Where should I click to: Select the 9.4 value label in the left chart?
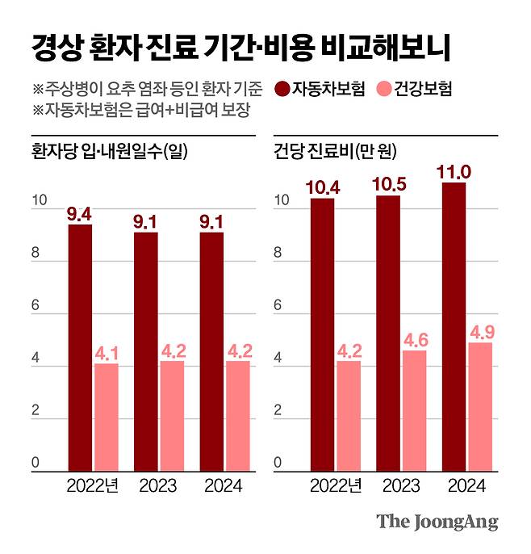[80, 214]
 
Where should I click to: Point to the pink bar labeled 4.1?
[107, 418]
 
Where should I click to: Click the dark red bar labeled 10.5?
[388, 333]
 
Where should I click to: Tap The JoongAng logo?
[437, 522]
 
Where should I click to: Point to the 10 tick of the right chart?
[279, 201]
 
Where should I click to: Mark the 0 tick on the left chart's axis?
[36, 464]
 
